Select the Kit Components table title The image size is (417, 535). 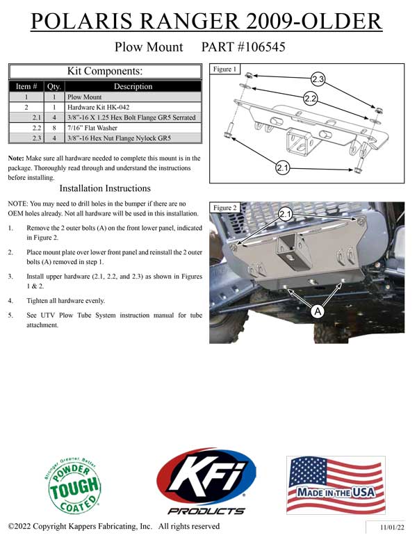tap(104, 70)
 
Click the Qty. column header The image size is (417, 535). tap(54, 87)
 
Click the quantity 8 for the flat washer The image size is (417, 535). tap(54, 129)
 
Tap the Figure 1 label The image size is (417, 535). tap(226, 69)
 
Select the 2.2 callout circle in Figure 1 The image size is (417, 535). tap(311, 98)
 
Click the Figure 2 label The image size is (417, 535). tap(226, 208)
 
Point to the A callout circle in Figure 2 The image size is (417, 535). tap(318, 312)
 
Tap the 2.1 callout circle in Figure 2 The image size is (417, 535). tap(286, 214)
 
